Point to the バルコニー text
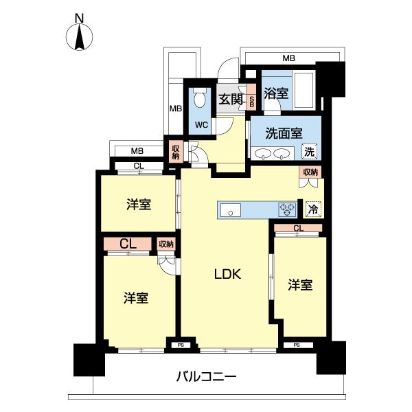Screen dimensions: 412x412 [206, 376]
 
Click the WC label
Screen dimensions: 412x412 [201, 125]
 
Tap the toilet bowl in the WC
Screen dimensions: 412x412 [200, 100]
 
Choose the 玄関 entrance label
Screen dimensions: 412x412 [230, 100]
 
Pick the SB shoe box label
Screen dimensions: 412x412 [252, 100]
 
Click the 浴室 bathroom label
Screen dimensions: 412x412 [276, 94]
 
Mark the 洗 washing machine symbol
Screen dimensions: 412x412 [310, 151]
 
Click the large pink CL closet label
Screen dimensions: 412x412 [127, 244]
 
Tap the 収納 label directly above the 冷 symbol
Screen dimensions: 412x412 [310, 172]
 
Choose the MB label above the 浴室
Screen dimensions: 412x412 [288, 59]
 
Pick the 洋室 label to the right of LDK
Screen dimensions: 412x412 [300, 284]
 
